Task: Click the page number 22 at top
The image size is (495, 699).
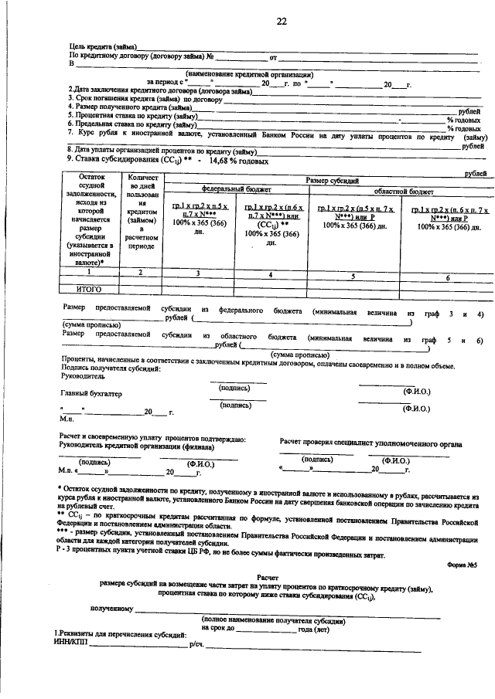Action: coord(282,21)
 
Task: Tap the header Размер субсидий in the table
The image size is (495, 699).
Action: coord(333,180)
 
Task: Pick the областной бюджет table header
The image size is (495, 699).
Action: coord(403,190)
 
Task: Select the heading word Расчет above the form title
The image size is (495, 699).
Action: coord(267,577)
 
